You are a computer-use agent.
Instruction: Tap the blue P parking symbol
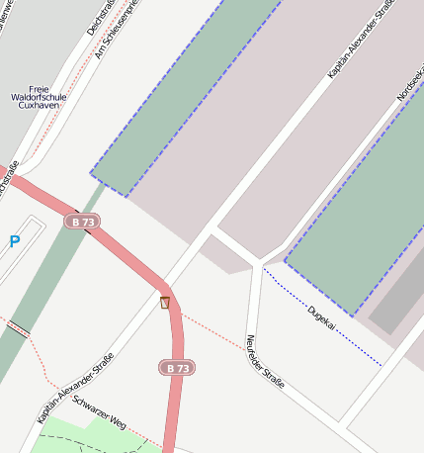point(15,240)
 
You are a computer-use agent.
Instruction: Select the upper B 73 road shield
point(82,223)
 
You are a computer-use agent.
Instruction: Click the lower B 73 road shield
point(177,368)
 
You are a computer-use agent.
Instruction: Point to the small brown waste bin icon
point(165,302)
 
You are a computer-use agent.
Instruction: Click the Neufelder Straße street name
point(264,361)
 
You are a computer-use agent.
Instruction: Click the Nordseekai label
point(409,84)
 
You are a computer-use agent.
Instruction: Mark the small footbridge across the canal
point(18,328)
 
